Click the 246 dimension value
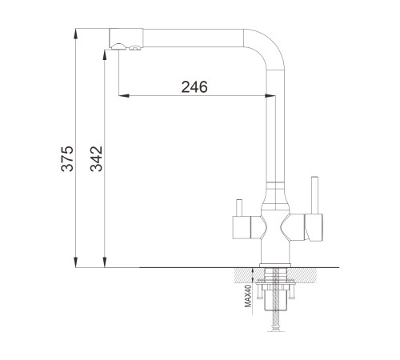coord(194,87)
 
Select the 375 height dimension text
coord(67,158)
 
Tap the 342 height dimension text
coord(96,158)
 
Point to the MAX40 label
coord(248,296)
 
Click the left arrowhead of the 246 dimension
coord(124,95)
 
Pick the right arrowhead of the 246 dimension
coord(270,95)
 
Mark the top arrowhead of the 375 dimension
coord(76,34)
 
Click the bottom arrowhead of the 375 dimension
coord(76,262)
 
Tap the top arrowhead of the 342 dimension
coord(105,56)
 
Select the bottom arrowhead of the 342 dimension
coord(105,262)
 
